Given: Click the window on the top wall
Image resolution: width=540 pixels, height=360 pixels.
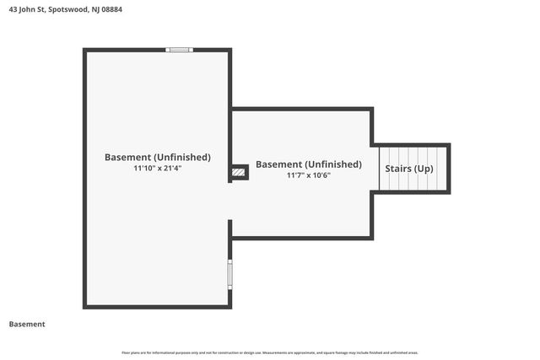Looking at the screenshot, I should point(180,50).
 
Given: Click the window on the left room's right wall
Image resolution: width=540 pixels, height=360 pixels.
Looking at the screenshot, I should point(229,275).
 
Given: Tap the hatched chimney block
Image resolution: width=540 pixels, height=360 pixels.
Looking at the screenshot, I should point(240,172).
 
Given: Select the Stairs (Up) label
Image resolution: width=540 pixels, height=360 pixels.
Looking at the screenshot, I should point(409,169).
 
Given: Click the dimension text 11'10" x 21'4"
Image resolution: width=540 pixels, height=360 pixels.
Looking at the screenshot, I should point(158,168).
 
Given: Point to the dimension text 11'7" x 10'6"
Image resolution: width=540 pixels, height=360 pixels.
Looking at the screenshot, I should point(308,175).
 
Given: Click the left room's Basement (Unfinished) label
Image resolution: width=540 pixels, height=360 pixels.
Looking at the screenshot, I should point(158,157).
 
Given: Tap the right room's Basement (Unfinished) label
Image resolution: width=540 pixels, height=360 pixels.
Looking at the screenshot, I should point(308,164).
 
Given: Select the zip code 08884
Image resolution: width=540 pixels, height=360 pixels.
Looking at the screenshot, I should point(108,10).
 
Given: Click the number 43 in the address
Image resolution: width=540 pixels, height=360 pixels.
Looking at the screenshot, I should point(12,10).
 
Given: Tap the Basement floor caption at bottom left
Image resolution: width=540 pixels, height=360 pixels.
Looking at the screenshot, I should point(27,324).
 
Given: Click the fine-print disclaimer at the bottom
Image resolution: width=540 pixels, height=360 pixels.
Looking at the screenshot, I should point(270,352).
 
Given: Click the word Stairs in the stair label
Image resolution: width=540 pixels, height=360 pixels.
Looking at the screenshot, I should point(399,169).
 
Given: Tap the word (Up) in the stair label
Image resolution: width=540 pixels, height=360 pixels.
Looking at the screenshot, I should point(423,169).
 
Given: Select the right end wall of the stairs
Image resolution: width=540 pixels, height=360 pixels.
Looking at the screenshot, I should point(448,169).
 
